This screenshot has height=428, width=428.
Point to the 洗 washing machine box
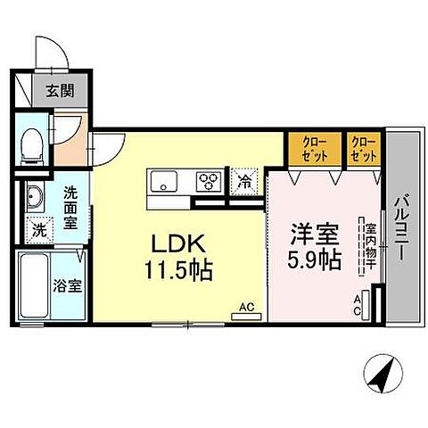pos(37,228)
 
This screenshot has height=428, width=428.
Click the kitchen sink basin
pos(167,183)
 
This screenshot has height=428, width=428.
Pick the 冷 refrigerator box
pos(243,181)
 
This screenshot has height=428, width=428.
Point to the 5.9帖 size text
pos(312,260)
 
